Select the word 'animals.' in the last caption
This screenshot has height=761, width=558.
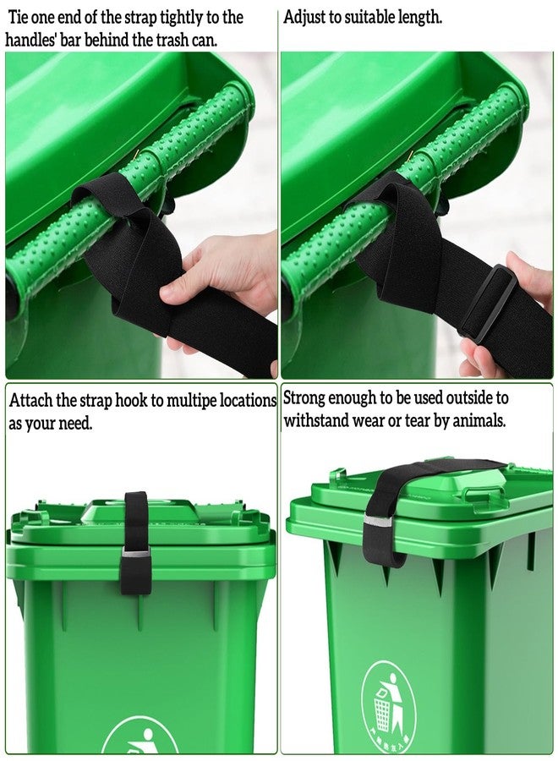pos(479,420)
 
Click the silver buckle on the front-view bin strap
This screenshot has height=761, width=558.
pos(135,554)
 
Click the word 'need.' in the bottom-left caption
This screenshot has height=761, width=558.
pos(74,424)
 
